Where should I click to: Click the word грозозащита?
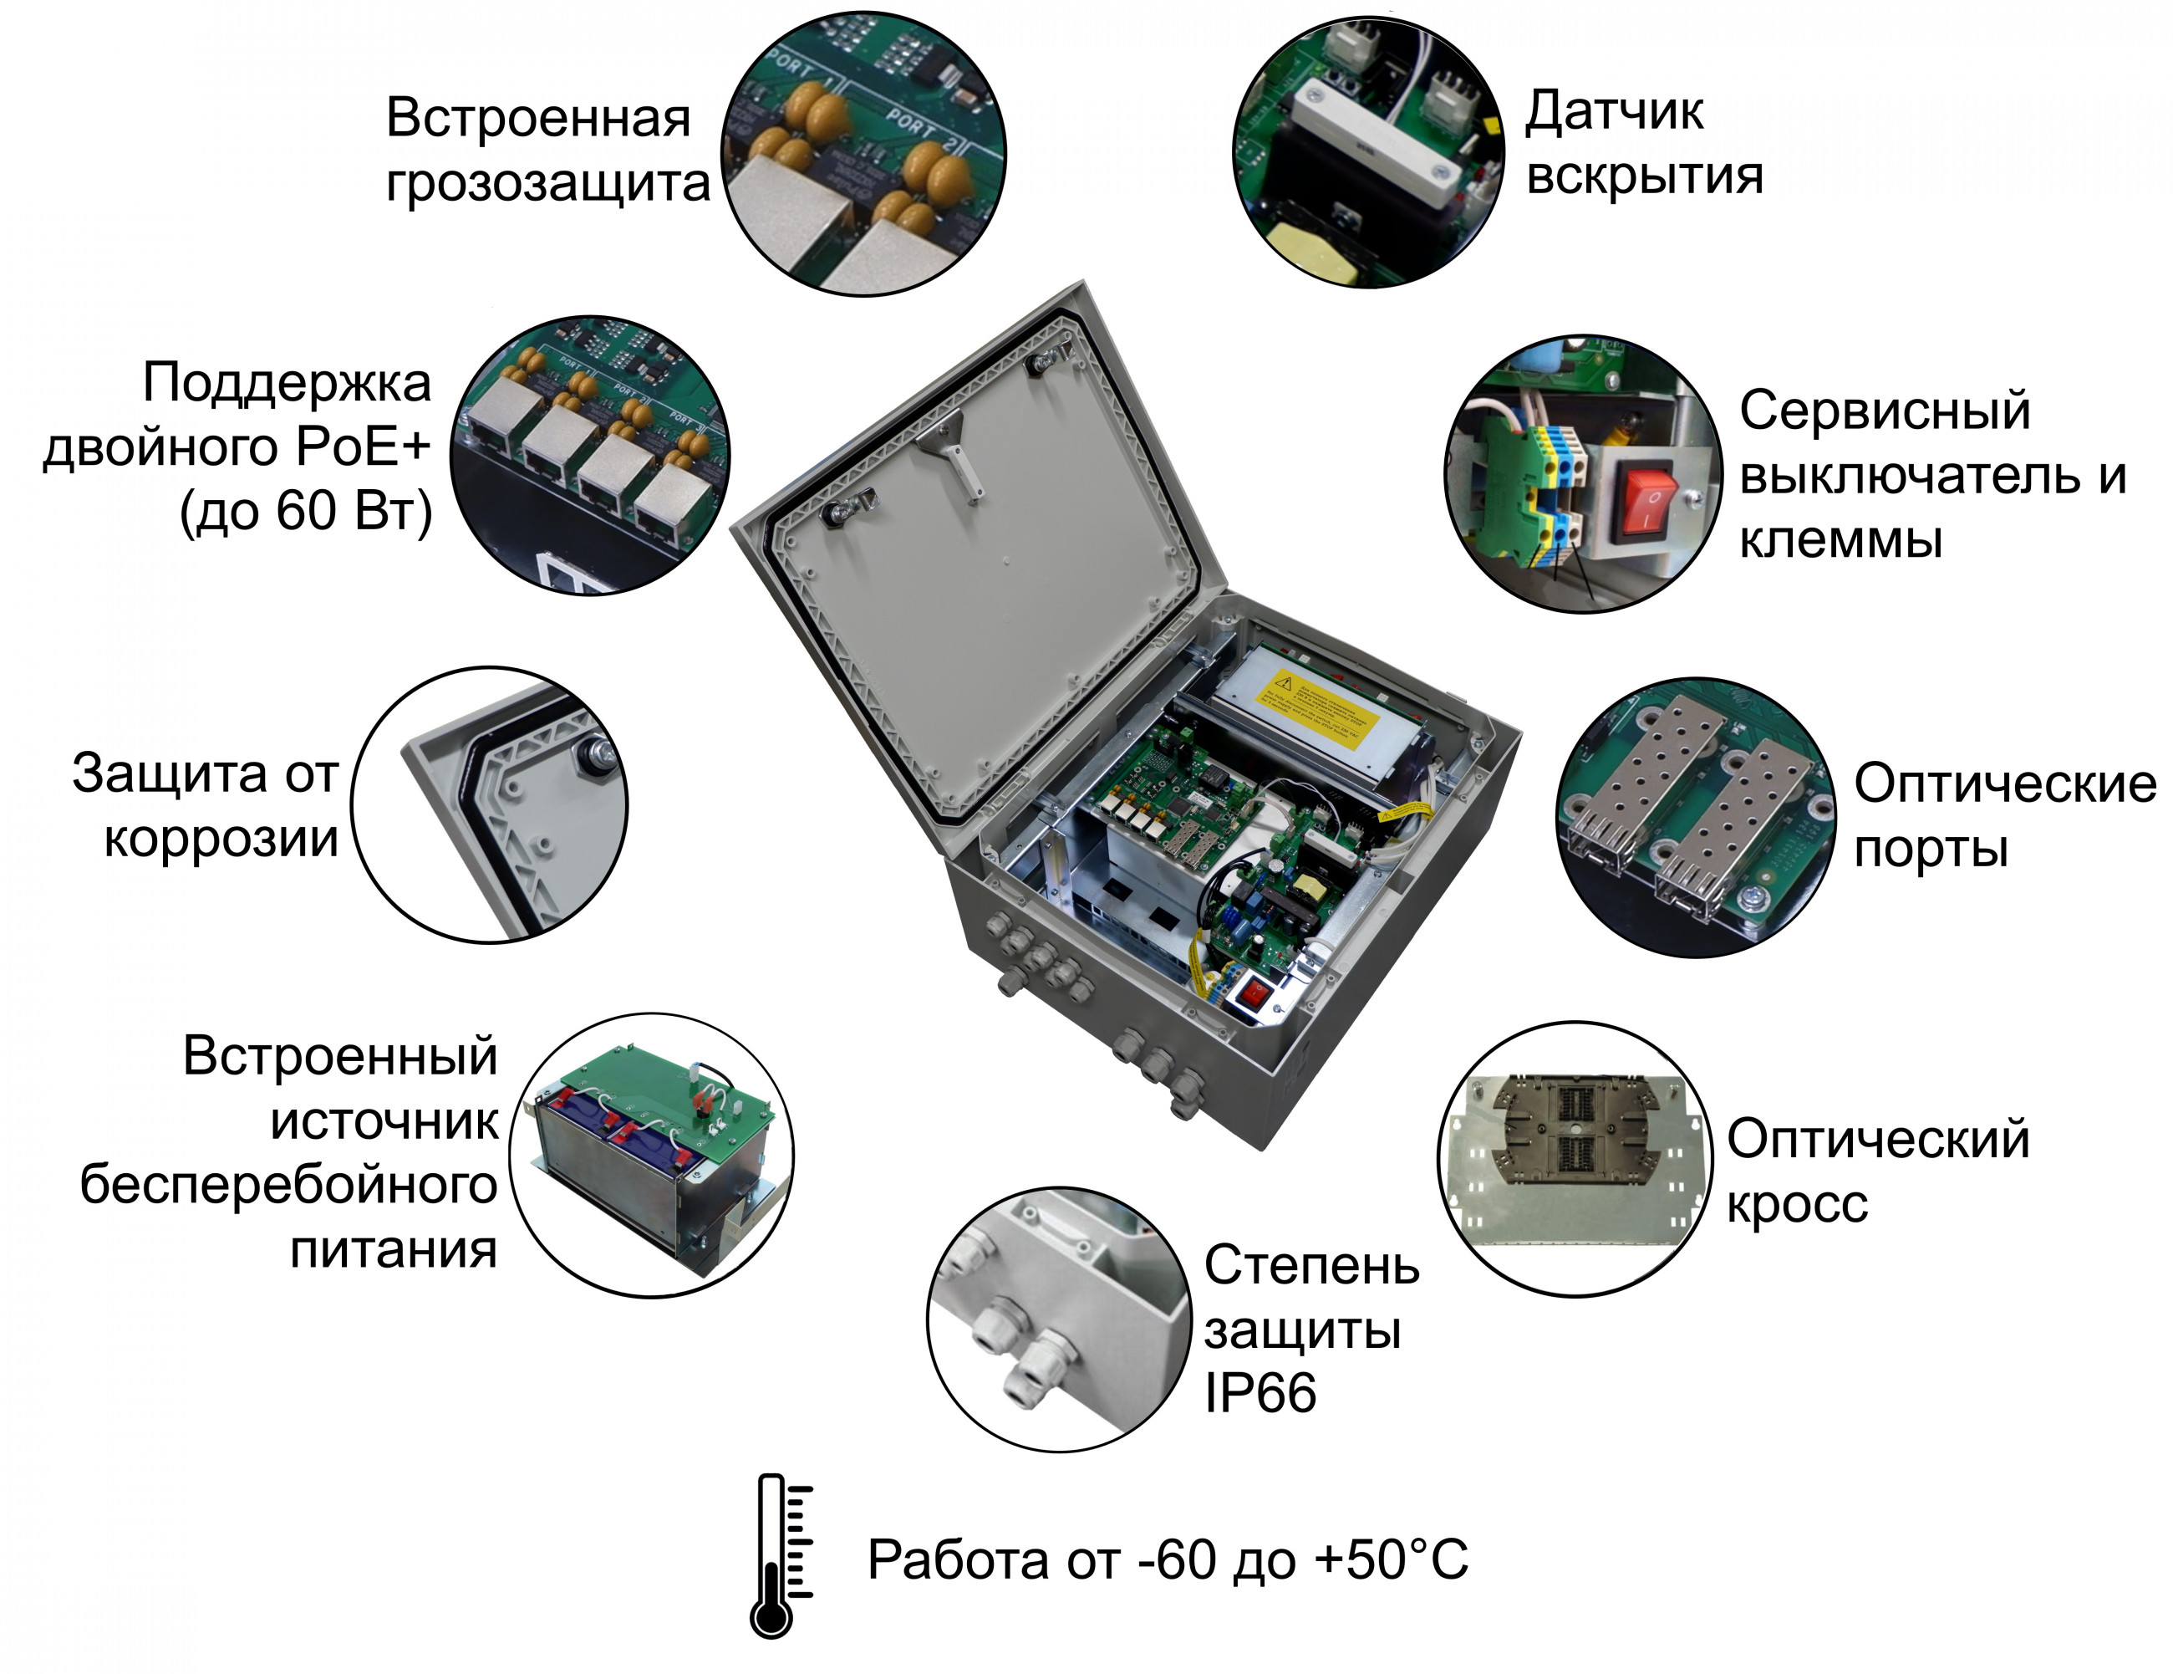click(x=547, y=184)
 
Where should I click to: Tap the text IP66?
click(x=1260, y=1392)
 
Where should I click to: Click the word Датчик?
click(x=1614, y=111)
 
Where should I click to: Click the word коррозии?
click(x=221, y=838)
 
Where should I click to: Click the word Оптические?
click(x=2005, y=784)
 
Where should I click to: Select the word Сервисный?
click(x=1885, y=411)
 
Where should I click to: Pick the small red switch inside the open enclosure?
click(x=1255, y=993)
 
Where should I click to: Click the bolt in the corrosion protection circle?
click(x=599, y=753)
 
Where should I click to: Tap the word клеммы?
click(x=1840, y=540)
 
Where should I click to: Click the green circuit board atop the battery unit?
click(x=667, y=1095)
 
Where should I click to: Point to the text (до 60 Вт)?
click(x=305, y=513)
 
